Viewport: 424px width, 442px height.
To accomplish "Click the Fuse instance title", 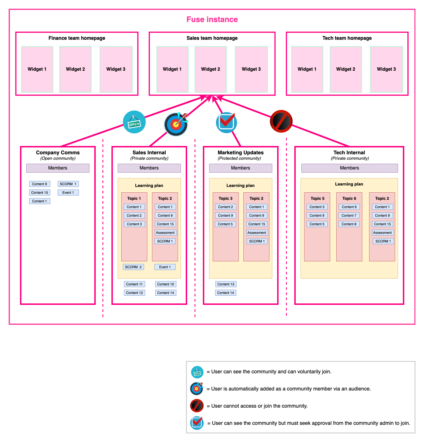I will pos(212,19).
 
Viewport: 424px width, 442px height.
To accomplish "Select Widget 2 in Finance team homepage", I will pos(75,69).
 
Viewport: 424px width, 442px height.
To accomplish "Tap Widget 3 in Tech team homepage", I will pos(386,69).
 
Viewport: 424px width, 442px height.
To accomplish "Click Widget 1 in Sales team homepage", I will pos(172,69).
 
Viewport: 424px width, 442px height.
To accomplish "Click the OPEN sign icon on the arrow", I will pos(134,122).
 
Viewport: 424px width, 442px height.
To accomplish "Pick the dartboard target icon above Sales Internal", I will pos(176,124).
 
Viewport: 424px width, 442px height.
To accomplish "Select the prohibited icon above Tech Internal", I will pos(281,121).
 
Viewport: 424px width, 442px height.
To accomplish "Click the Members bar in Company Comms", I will pos(58,168).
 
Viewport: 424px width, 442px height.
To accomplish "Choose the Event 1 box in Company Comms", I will pos(68,193).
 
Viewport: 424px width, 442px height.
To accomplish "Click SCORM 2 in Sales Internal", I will pos(133,267).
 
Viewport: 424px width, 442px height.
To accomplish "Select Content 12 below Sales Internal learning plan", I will pos(134,293).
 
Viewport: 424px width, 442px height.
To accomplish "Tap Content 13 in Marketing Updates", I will pos(226,284).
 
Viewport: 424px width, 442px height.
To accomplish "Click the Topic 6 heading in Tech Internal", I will pos(349,198).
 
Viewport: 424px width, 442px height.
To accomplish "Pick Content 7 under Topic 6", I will pos(349,216).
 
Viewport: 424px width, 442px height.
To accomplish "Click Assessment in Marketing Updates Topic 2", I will pos(257,233).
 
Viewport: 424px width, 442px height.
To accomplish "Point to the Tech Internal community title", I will pos(349,153).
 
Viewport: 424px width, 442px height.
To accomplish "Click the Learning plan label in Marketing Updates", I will pos(241,186).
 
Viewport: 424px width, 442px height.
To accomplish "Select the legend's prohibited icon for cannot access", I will pos(197,406).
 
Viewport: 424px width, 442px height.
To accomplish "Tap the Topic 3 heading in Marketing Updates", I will pos(225,198).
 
